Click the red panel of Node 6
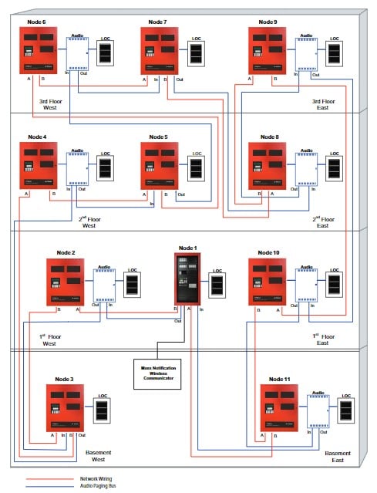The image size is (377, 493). (39, 51)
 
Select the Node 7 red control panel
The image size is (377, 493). (160, 51)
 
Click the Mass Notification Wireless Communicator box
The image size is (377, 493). (158, 370)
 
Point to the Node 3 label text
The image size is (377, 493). (65, 380)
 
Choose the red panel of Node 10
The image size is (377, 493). (268, 282)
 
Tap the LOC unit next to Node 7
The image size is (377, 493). (197, 53)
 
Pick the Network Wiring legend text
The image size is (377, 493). (96, 478)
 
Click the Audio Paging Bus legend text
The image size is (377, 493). (99, 485)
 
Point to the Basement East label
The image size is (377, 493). (338, 456)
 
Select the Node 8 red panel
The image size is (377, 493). (268, 167)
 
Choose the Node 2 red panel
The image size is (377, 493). (66, 282)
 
